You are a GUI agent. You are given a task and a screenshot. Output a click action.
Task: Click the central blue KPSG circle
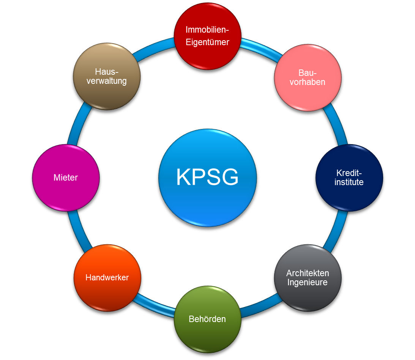[207, 178]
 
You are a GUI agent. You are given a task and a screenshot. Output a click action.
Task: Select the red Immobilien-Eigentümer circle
[207, 37]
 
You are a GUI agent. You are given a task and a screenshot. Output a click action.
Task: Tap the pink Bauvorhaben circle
[308, 77]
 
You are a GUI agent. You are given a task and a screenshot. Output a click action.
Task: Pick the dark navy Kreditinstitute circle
[349, 178]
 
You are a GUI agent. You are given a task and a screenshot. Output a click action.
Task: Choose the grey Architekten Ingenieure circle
[308, 278]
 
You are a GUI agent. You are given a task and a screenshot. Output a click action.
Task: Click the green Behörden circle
[207, 319]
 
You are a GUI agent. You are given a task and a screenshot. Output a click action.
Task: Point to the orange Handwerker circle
[107, 278]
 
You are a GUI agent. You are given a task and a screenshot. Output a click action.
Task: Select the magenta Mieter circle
[66, 178]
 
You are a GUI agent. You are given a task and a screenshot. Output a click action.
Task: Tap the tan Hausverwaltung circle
[107, 77]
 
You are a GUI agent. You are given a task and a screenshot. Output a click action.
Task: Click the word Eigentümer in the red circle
[207, 42]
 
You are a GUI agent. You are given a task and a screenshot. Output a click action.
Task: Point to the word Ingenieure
[308, 282]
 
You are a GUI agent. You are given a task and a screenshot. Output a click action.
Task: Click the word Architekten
[308, 273]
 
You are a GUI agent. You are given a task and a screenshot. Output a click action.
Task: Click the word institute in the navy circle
[349, 182]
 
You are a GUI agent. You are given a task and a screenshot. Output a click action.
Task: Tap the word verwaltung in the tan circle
[107, 81]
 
